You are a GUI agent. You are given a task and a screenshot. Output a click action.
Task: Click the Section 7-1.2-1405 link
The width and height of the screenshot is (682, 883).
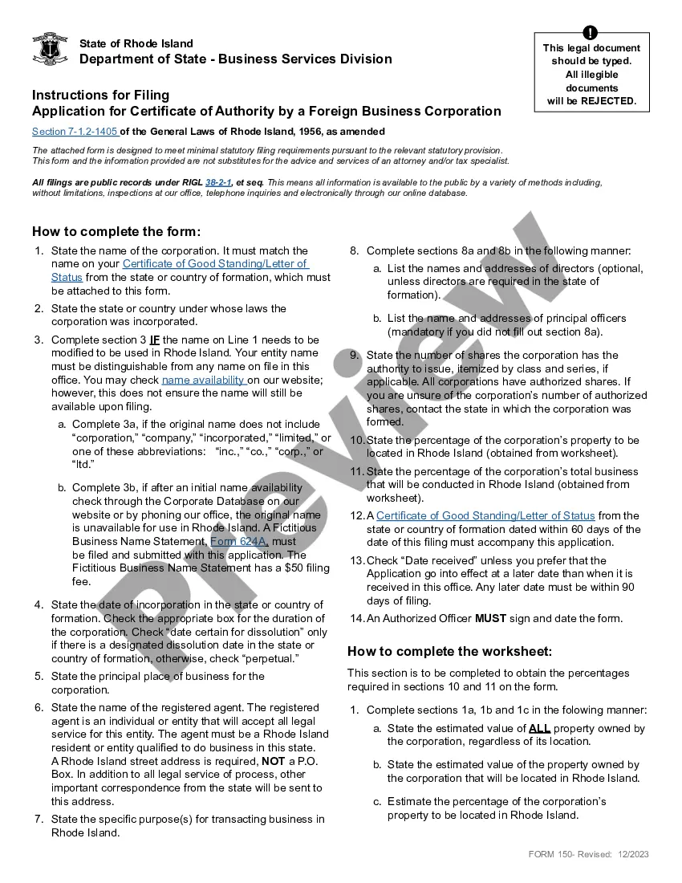click(x=75, y=132)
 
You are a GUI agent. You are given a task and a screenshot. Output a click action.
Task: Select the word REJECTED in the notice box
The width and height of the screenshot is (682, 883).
click(x=608, y=101)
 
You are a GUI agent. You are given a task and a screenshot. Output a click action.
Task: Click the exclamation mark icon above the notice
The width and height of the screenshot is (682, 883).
click(x=591, y=33)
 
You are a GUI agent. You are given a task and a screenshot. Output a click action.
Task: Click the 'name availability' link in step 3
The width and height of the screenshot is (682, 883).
click(x=204, y=380)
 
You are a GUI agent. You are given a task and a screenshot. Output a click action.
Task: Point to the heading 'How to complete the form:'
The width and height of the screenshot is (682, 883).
click(x=116, y=231)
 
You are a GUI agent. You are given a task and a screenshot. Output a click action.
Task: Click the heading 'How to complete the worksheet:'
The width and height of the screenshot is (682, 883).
click(x=449, y=651)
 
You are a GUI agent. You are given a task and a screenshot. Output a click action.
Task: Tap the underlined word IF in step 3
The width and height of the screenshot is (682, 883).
click(x=155, y=340)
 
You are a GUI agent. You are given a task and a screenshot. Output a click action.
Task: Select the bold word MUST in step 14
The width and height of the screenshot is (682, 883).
click(x=491, y=618)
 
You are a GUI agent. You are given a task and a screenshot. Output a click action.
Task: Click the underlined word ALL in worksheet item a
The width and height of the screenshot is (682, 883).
click(x=539, y=729)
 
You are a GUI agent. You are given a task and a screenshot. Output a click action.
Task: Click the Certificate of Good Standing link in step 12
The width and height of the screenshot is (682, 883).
click(x=485, y=516)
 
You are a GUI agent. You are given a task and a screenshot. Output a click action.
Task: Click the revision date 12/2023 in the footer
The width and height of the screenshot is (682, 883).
click(x=633, y=854)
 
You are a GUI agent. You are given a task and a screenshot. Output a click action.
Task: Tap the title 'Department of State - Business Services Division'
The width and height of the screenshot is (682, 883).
click(x=236, y=59)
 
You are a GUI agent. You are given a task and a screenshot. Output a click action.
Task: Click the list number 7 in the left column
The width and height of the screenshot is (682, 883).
click(x=39, y=820)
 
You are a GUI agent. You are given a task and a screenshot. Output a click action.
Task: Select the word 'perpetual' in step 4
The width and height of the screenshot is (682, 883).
click(x=270, y=659)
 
